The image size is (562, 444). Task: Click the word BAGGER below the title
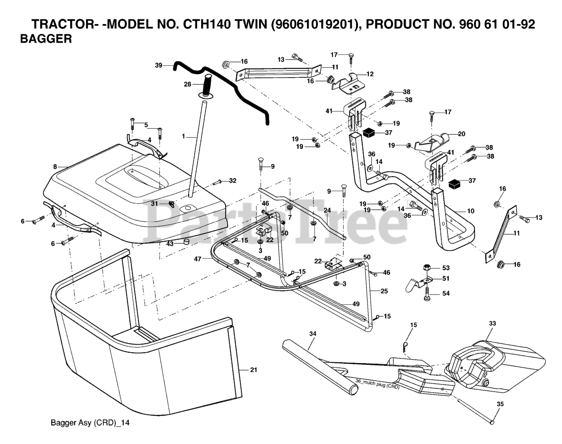[46, 39]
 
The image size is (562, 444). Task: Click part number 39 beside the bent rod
[159, 65]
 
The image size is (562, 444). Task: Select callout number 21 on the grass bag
[253, 370]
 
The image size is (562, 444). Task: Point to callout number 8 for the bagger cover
[55, 166]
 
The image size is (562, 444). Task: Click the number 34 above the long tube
[312, 334]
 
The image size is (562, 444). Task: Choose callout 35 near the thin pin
[500, 404]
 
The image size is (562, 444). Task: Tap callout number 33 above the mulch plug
[492, 323]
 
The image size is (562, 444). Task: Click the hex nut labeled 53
[426, 267]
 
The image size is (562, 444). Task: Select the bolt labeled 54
[426, 298]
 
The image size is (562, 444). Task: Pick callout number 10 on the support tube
[471, 211]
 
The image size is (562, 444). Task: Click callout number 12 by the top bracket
[370, 74]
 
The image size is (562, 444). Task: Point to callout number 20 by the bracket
[461, 134]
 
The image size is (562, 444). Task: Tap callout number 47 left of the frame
[198, 259]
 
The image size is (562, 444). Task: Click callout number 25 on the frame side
[384, 291]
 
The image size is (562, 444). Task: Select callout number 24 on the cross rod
[327, 210]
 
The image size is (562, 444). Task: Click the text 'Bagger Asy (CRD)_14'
[90, 423]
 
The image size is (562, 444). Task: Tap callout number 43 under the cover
[169, 243]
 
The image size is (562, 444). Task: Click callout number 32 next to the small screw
[233, 180]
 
